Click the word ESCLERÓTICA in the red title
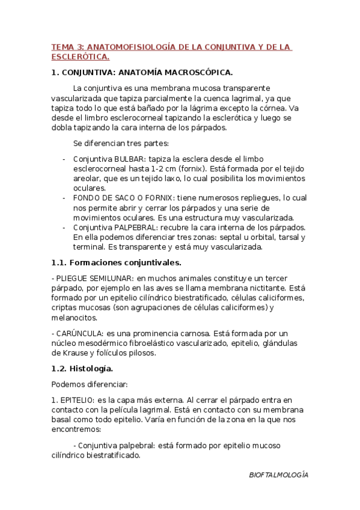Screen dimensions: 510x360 (80, 57)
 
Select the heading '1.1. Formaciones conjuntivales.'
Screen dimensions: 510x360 (116, 262)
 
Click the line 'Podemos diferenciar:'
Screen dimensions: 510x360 (90, 384)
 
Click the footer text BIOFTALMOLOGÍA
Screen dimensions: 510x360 (278, 475)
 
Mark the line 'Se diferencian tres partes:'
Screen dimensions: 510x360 (121, 143)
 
